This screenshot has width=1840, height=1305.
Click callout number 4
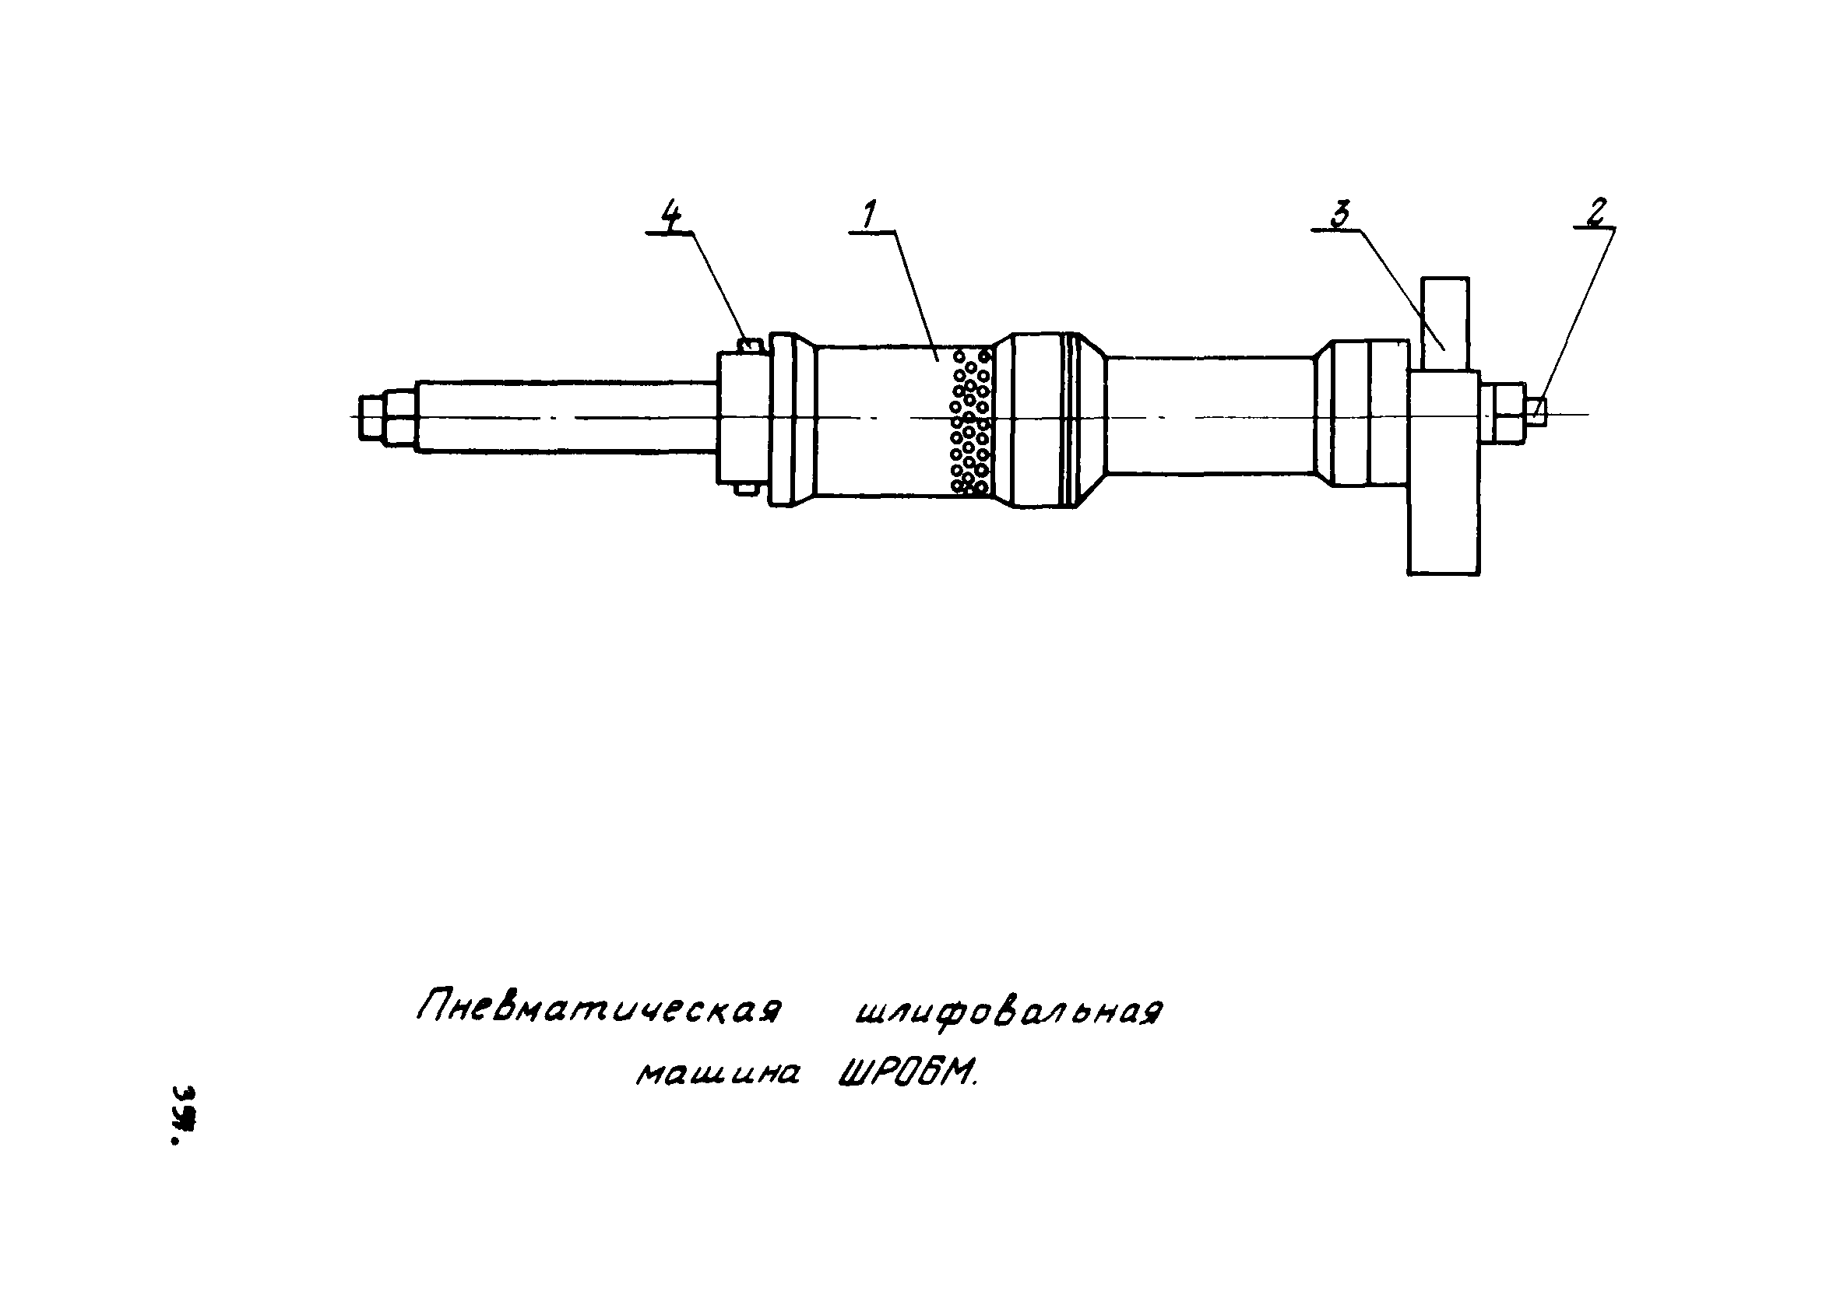670,215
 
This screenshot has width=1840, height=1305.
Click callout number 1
870,215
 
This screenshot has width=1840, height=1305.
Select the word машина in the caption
717,1073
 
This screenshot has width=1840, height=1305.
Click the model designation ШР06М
906,1072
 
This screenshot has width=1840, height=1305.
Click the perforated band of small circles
969,420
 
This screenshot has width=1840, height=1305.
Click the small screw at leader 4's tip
748,344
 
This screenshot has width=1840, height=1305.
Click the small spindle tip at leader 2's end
1536,412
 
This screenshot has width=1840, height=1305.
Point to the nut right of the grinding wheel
1500,413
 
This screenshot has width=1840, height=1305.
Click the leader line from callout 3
1402,289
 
